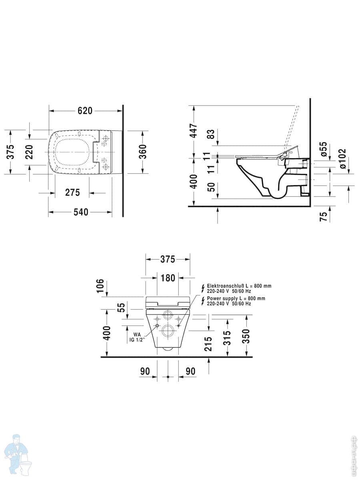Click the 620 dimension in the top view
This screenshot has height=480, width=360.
coord(85,111)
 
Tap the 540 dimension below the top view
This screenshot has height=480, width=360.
coord(81,212)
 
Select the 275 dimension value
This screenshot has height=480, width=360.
coord(72,192)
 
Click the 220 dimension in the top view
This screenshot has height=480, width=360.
coord(29,152)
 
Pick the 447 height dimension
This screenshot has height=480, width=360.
coord(194,130)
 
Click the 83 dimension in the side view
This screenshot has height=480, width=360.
coord(211,134)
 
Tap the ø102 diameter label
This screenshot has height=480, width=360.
coord(342,158)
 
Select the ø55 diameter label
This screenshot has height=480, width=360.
coord(324,149)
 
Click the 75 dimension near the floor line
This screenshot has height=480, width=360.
coord(324,216)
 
